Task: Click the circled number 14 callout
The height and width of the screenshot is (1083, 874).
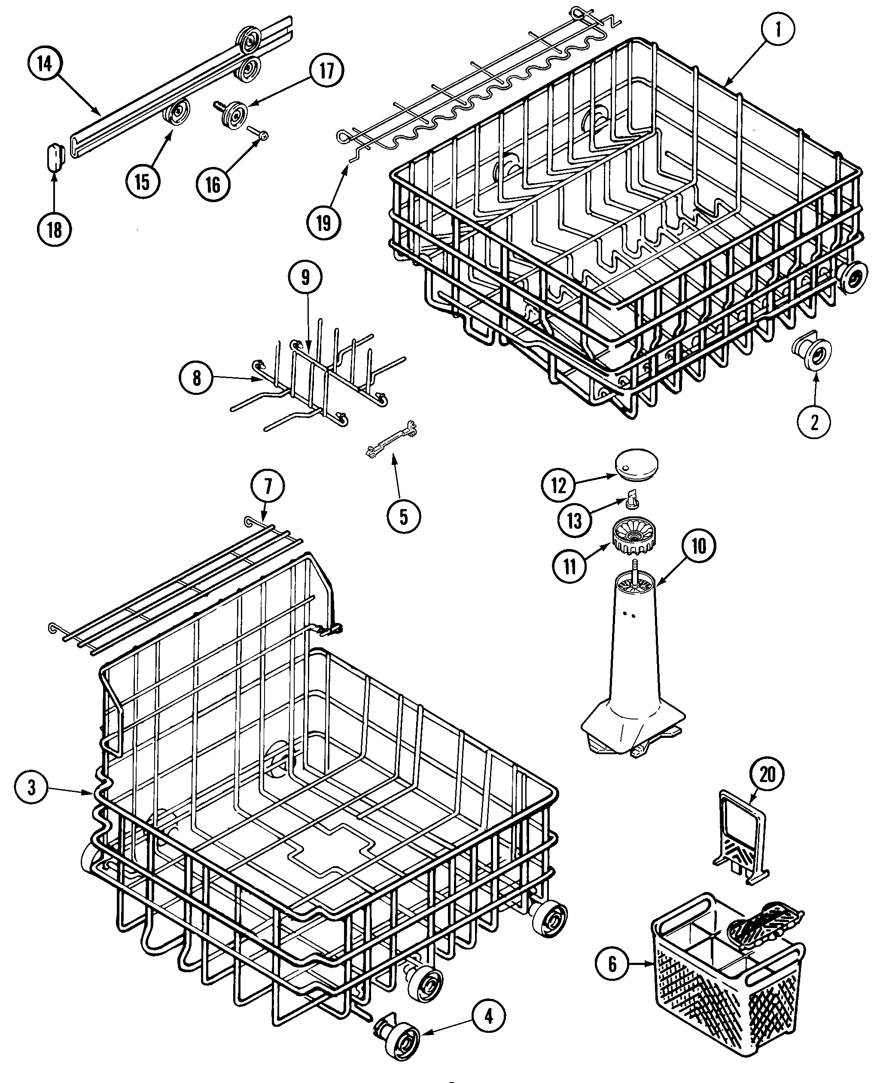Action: pos(44,64)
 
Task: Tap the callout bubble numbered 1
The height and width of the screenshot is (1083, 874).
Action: pos(777,30)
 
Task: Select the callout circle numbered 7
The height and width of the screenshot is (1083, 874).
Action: pos(267,487)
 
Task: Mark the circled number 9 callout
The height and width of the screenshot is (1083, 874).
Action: pos(305,277)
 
